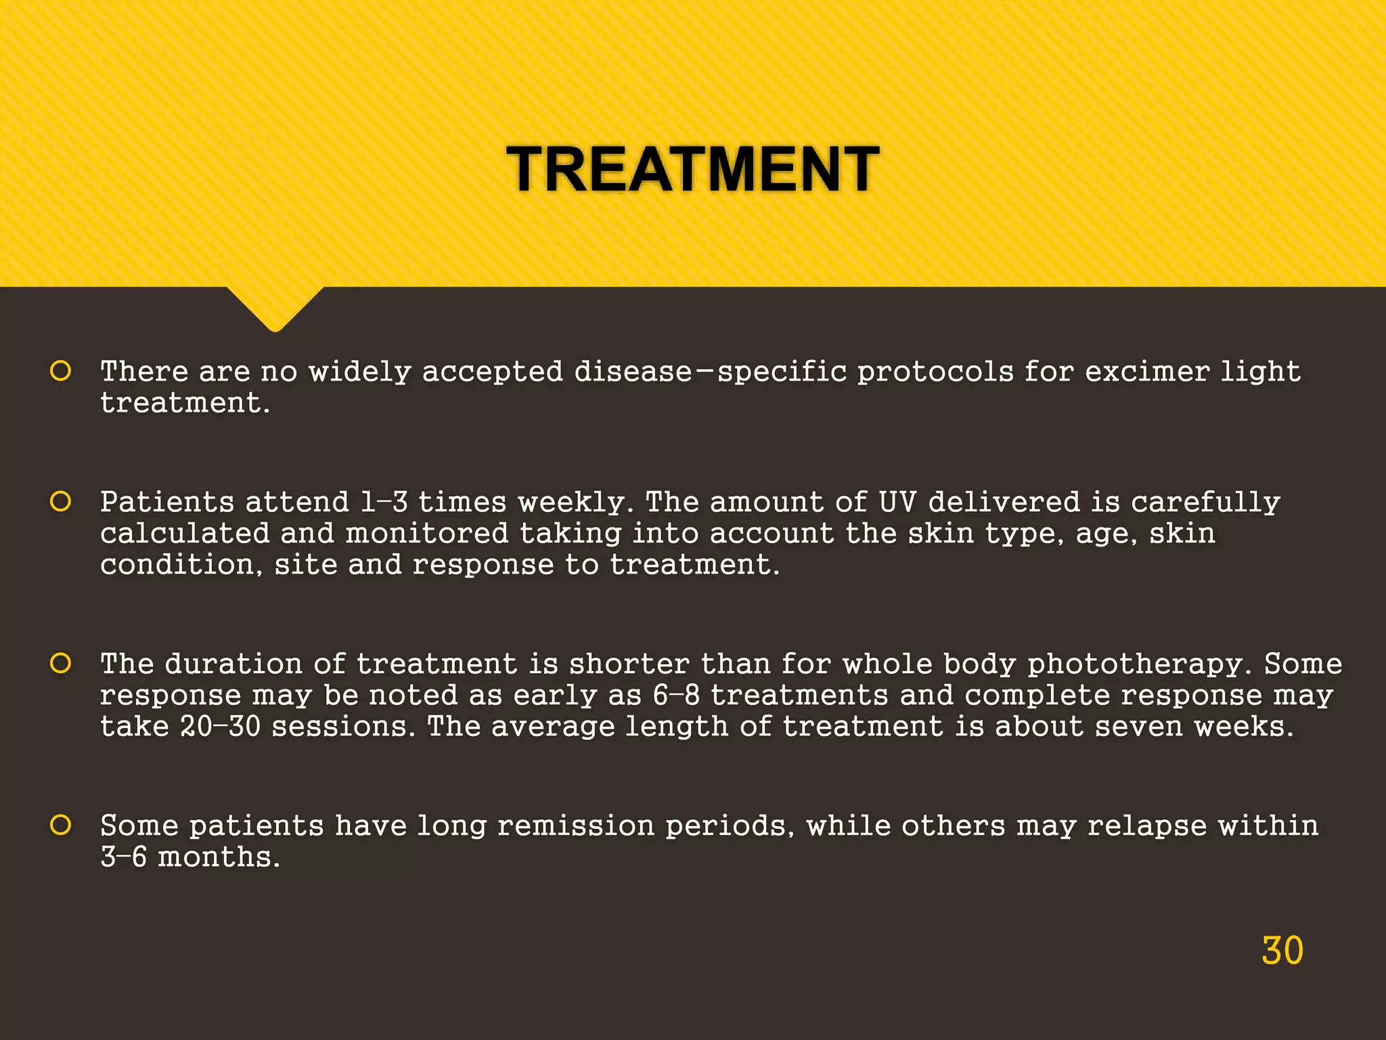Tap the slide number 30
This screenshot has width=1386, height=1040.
coord(1282,951)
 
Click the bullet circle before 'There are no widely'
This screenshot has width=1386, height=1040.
coord(61,371)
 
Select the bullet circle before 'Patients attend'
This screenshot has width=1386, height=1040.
coord(61,502)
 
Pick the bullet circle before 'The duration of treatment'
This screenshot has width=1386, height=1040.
coord(61,664)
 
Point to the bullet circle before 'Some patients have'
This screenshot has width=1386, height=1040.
coord(61,825)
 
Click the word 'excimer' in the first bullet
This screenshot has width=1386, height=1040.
coord(1146,371)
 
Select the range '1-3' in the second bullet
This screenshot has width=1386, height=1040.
coord(384,502)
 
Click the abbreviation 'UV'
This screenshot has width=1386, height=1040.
coord(897,502)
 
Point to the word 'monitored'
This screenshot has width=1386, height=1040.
coord(426,534)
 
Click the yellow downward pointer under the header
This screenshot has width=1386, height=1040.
coord(275,308)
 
